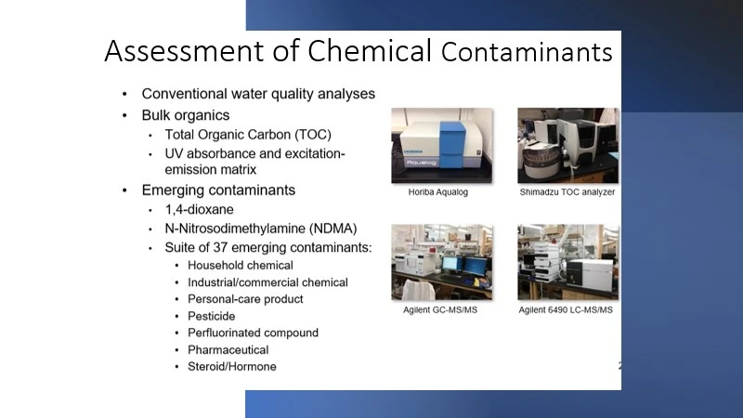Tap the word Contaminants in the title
[x=527, y=53]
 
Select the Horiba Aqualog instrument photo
[x=442, y=145]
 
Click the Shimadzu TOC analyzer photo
[x=567, y=145]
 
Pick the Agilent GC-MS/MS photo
[x=442, y=262]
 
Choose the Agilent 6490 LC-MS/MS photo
[x=567, y=262]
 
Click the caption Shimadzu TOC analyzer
[x=567, y=193]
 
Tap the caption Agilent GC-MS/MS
[x=442, y=310]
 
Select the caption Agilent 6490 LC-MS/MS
[x=567, y=310]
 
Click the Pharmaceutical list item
[x=228, y=350]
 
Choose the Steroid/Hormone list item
[x=232, y=367]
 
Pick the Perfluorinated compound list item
[x=253, y=333]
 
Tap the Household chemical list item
[x=241, y=265]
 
